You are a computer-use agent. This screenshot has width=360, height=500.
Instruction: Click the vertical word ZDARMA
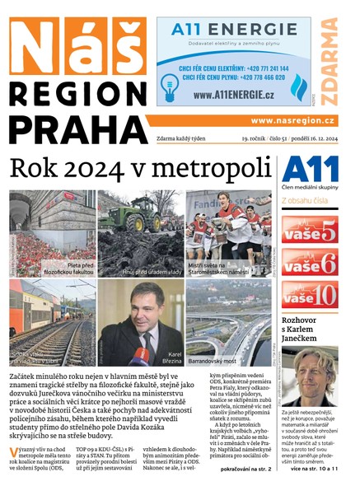click(331, 62)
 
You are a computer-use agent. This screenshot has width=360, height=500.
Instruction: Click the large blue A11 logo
click(310, 171)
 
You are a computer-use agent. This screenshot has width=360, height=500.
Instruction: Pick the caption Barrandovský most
click(215, 359)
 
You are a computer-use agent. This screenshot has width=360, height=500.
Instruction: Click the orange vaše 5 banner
click(309, 231)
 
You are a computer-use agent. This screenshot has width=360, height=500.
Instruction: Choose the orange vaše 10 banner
click(309, 294)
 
